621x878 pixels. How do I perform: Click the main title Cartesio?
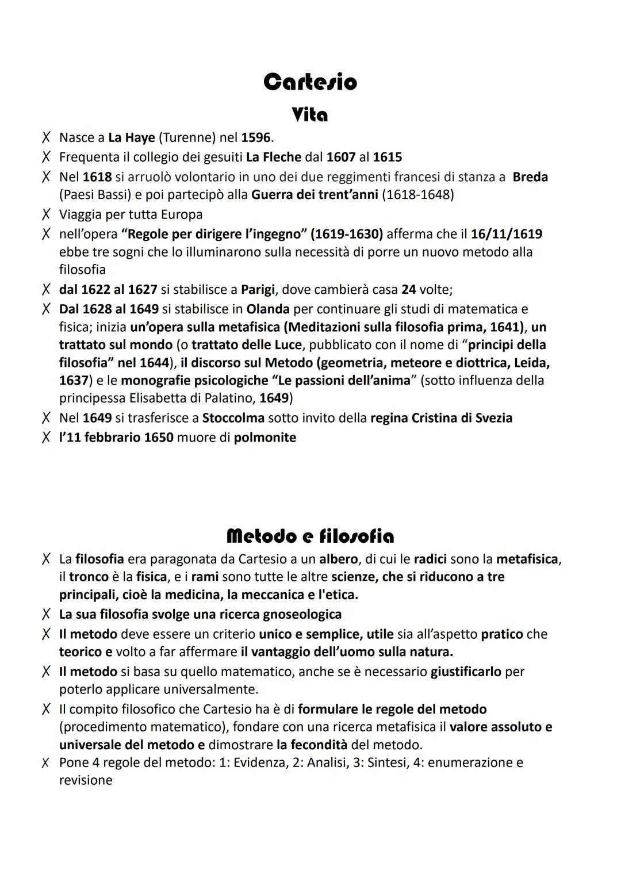pyautogui.click(x=310, y=82)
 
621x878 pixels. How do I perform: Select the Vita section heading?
pyautogui.click(x=310, y=115)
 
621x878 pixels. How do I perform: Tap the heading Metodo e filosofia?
pyautogui.click(x=310, y=536)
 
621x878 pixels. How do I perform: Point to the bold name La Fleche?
pyautogui.click(x=274, y=157)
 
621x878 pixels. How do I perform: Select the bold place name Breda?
pyautogui.click(x=530, y=177)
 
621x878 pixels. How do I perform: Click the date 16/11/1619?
pyautogui.click(x=506, y=234)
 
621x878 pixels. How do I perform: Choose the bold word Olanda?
pyautogui.click(x=267, y=309)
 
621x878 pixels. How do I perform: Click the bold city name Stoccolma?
pyautogui.click(x=233, y=417)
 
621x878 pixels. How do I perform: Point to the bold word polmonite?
pyautogui.click(x=264, y=438)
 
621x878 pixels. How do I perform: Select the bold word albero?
pyautogui.click(x=338, y=559)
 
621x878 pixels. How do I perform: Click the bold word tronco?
pyautogui.click(x=89, y=577)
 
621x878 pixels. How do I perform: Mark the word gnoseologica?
pyautogui.click(x=302, y=614)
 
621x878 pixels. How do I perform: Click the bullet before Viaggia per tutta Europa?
pyautogui.click(x=45, y=214)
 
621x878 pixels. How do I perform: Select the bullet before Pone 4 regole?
pyautogui.click(x=45, y=763)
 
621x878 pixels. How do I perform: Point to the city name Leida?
pyautogui.click(x=532, y=363)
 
